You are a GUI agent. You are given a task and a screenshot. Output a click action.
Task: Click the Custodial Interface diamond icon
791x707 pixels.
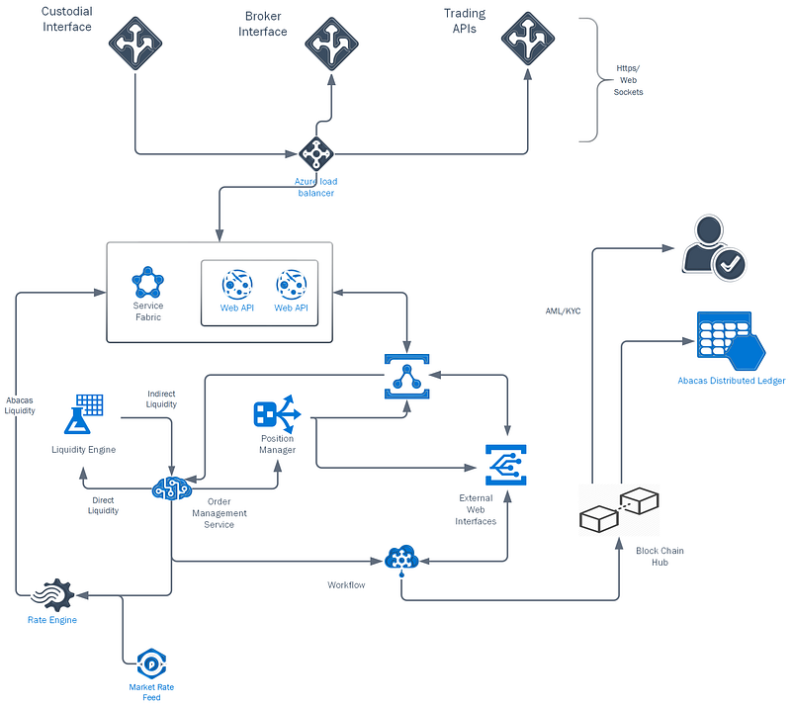(135, 44)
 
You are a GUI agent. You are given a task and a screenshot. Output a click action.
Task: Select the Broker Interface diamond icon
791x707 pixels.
(331, 44)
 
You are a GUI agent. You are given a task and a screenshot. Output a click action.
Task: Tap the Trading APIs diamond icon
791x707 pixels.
(528, 39)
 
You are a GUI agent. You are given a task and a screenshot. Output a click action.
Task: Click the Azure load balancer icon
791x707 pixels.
(316, 154)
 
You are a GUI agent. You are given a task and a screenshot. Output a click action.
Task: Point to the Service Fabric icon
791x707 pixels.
(147, 283)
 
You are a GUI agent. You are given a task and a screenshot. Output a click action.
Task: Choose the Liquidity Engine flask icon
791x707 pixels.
(84, 414)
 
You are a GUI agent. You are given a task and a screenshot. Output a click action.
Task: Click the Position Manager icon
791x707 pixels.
(277, 414)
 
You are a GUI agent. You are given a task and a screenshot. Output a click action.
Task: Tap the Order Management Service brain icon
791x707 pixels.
(172, 488)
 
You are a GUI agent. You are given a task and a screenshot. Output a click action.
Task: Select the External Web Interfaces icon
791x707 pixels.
(506, 466)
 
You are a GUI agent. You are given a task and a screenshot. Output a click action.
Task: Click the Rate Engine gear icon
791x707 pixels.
(52, 595)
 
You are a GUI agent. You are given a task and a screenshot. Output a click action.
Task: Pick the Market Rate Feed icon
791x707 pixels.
(151, 663)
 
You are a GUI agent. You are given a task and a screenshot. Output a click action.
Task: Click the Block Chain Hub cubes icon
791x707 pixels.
(619, 509)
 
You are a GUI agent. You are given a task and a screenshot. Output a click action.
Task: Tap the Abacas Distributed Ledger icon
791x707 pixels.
(731, 341)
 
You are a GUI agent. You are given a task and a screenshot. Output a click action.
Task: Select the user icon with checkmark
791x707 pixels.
(713, 248)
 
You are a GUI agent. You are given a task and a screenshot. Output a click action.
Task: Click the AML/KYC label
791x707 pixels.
(563, 311)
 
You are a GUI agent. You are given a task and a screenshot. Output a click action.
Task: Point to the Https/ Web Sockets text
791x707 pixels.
(628, 80)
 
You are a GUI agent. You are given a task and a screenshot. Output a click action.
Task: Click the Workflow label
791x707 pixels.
(346, 584)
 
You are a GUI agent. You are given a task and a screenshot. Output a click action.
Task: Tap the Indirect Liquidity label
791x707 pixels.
(161, 398)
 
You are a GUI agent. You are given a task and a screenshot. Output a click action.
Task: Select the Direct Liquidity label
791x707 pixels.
(103, 505)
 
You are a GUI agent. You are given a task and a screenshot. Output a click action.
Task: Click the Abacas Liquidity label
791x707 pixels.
(20, 405)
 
